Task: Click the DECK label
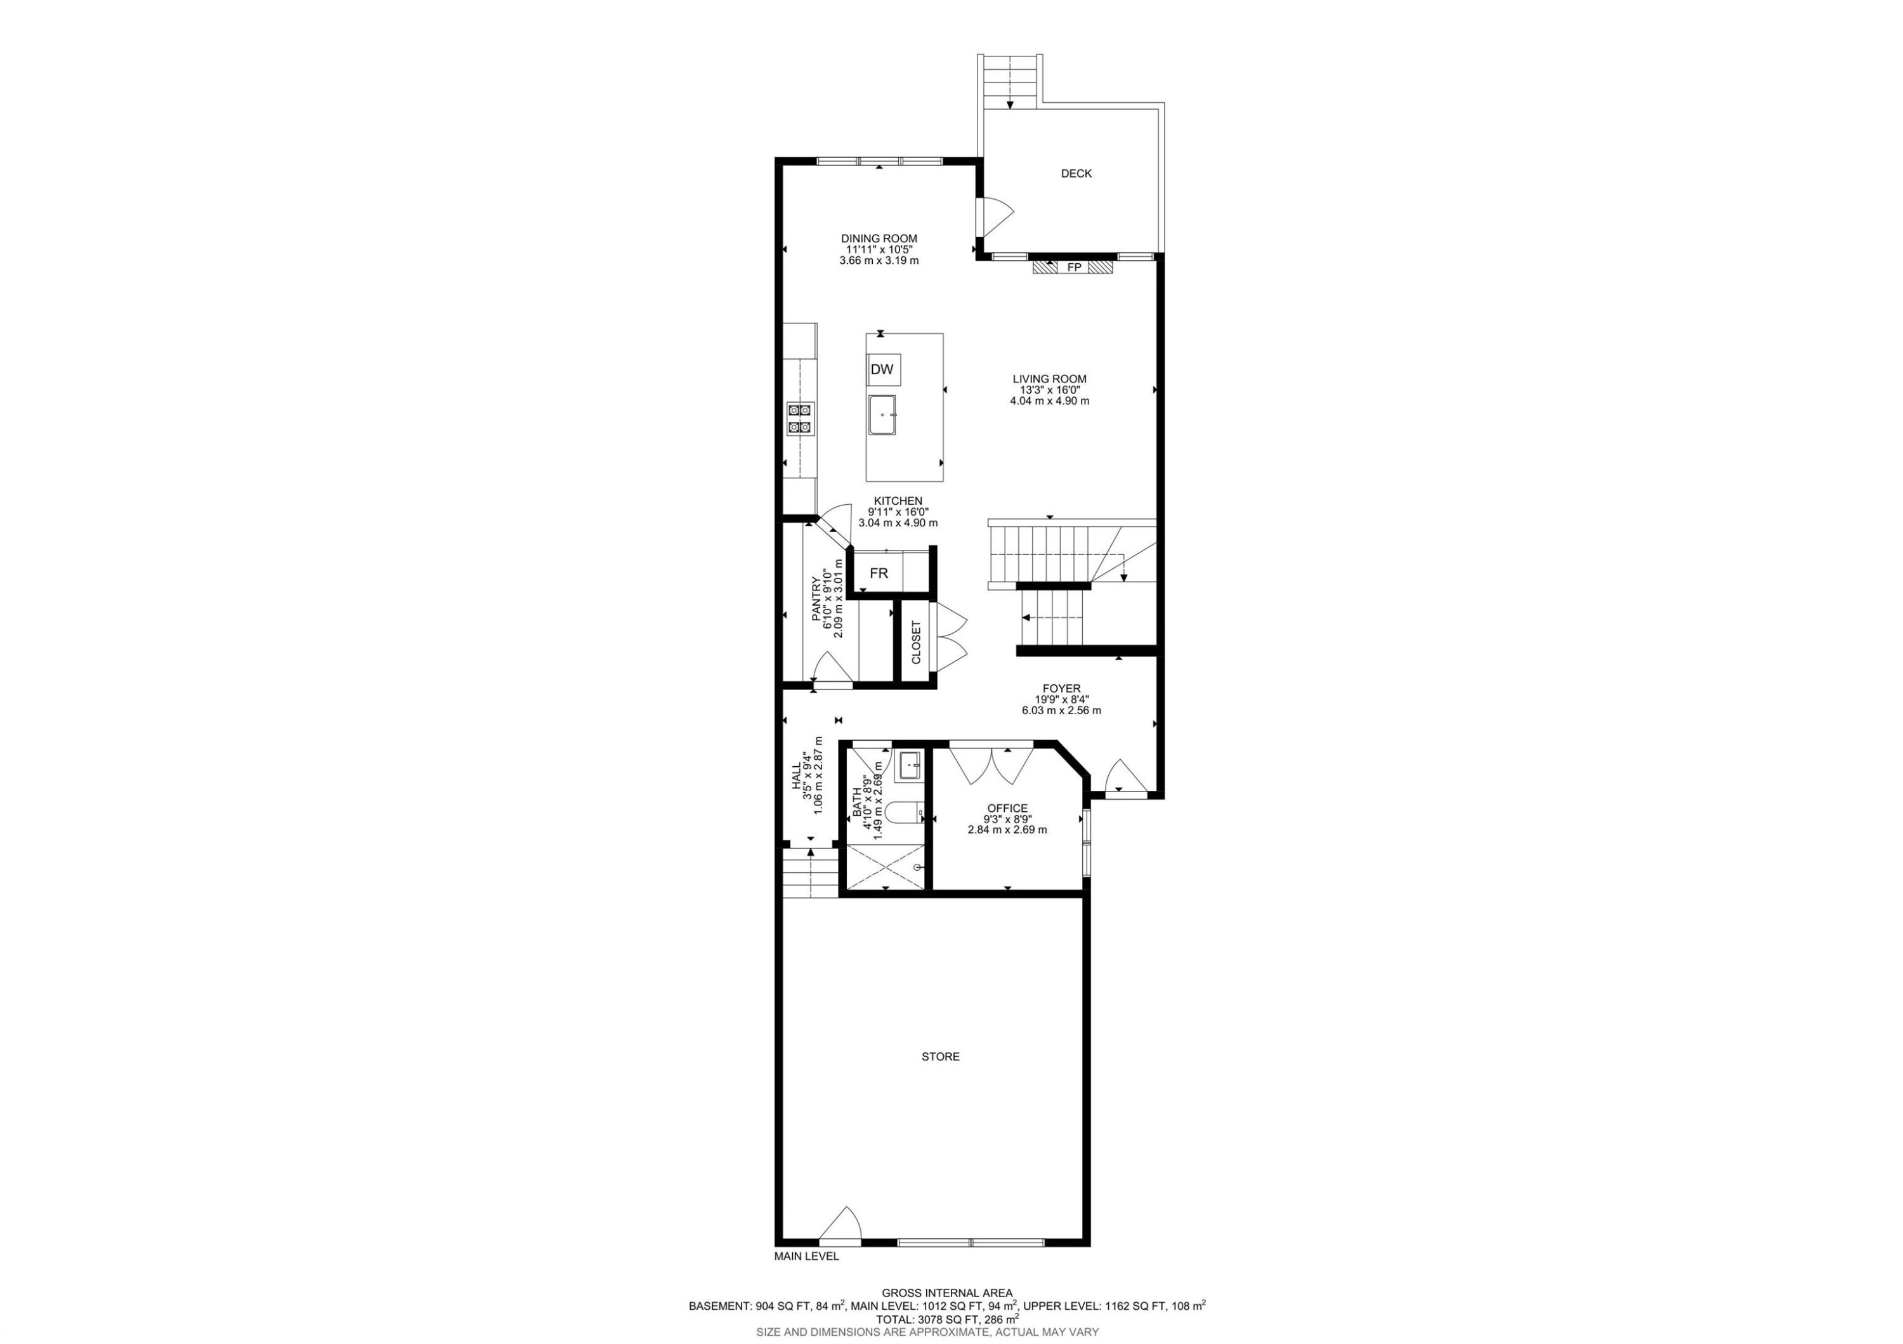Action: tap(1076, 173)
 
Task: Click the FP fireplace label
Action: tap(1073, 268)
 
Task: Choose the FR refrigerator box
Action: tap(879, 573)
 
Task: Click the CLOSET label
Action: tap(916, 643)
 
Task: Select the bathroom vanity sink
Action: tap(909, 765)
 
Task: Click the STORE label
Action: tap(941, 1057)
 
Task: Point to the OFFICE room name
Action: tap(1007, 808)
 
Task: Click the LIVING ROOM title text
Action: tap(1049, 379)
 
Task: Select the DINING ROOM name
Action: tap(879, 238)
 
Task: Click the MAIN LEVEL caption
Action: tap(806, 1279)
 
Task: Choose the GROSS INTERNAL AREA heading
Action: tap(946, 1293)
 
